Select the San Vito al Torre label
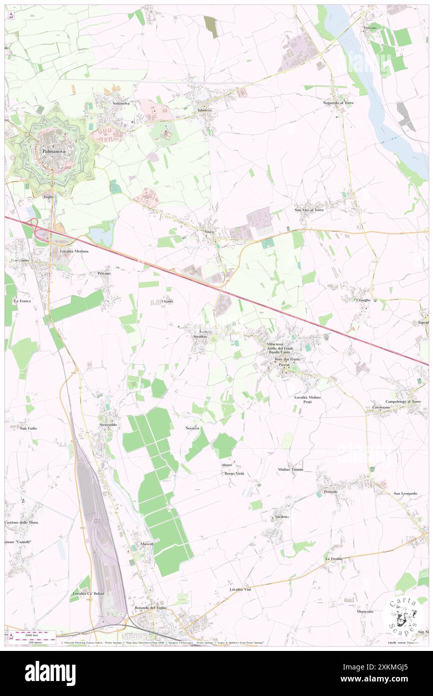click(x=309, y=210)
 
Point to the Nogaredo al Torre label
click(x=338, y=103)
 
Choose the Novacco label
click(x=192, y=429)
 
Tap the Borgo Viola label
click(x=234, y=473)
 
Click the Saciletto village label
click(x=282, y=516)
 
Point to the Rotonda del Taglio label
click(x=150, y=608)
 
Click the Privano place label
click(x=104, y=273)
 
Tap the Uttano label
click(x=167, y=301)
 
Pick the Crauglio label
click(x=363, y=300)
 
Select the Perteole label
click(x=331, y=491)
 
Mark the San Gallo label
click(x=28, y=428)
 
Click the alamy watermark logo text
click(x=50, y=673)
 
